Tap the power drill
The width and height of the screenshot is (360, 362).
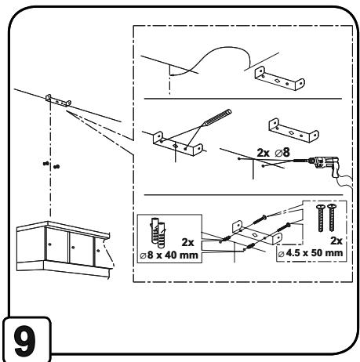[324, 165]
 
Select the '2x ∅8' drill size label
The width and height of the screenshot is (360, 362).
[273, 153]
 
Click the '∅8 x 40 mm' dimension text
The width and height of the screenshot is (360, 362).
[169, 255]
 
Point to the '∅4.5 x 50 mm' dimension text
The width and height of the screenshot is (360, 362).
[311, 253]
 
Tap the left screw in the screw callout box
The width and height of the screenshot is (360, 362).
[321, 218]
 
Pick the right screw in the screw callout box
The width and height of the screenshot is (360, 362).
[332, 218]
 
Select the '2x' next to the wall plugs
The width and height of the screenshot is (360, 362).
[187, 242]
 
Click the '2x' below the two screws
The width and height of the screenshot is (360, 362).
[336, 241]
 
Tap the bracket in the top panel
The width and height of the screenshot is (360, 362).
[279, 78]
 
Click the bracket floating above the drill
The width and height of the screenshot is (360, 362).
[293, 130]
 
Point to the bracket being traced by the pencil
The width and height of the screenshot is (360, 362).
[178, 144]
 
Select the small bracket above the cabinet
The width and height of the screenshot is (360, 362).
[58, 100]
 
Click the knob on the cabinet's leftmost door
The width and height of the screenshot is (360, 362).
[49, 244]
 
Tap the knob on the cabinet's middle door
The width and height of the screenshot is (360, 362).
[73, 247]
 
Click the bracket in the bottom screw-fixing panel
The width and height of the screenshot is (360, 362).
[257, 233]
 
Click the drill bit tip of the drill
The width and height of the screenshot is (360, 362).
[294, 160]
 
